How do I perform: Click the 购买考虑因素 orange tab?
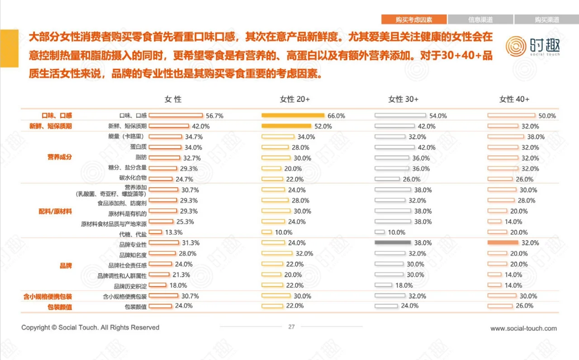click(413, 19)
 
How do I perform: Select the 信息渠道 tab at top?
click(480, 19)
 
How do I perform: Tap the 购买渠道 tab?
click(546, 19)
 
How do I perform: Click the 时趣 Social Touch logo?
click(532, 46)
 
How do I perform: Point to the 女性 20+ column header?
click(294, 99)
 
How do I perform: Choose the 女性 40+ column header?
click(514, 99)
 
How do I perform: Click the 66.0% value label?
click(336, 116)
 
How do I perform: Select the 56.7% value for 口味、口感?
click(214, 116)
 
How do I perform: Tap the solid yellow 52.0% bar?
click(286, 126)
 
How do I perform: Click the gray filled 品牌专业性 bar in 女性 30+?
click(393, 243)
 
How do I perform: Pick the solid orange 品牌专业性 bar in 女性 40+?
click(503, 243)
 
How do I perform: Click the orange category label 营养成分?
click(60, 157)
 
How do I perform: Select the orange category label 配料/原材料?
click(55, 211)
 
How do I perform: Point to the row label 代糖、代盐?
click(133, 233)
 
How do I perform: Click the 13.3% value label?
click(174, 232)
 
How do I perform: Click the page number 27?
click(291, 327)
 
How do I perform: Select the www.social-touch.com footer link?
click(523, 328)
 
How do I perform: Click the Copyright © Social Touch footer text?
click(90, 327)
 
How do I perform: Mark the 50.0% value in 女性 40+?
click(547, 116)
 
